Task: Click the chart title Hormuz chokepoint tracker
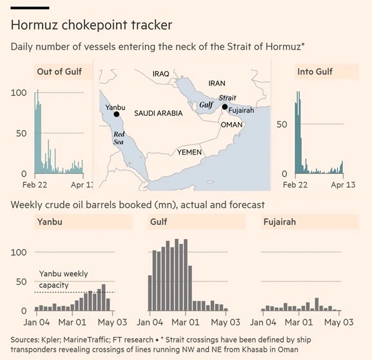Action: click(x=92, y=25)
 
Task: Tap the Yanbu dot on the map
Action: click(x=117, y=114)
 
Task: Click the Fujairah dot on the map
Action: click(x=225, y=107)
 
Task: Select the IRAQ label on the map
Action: click(x=161, y=74)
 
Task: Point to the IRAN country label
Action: click(x=217, y=83)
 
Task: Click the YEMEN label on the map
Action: click(x=190, y=152)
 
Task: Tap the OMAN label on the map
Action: click(x=231, y=125)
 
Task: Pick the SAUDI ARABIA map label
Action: click(x=159, y=113)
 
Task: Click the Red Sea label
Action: click(x=119, y=138)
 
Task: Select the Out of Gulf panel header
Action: click(x=59, y=71)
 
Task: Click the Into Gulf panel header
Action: click(x=315, y=71)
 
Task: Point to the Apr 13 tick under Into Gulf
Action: click(x=343, y=185)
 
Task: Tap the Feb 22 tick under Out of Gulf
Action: click(x=35, y=185)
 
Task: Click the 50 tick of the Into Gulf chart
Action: click(x=282, y=124)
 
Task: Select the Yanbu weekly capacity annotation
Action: click(x=63, y=279)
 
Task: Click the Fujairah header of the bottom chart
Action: click(x=280, y=222)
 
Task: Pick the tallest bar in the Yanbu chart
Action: click(x=104, y=298)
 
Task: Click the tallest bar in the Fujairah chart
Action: click(x=317, y=305)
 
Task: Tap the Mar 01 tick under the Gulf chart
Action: click(x=185, y=322)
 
